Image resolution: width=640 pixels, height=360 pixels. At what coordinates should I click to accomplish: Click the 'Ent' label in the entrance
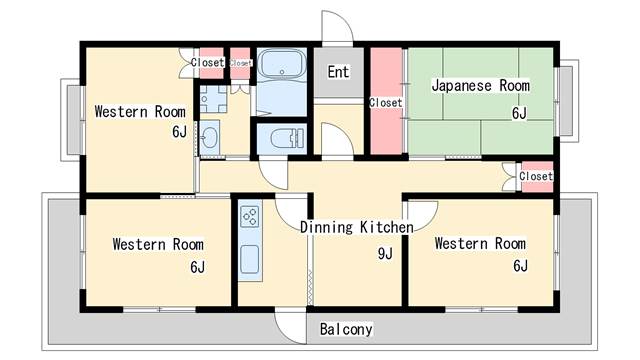point(338,72)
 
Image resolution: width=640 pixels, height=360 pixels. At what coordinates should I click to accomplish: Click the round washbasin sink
point(210,138)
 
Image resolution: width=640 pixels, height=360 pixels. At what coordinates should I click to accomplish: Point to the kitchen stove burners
point(250,214)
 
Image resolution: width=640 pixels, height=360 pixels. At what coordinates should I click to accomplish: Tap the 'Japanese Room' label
point(480,86)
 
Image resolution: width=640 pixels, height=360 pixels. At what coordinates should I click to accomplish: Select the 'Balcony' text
point(346,329)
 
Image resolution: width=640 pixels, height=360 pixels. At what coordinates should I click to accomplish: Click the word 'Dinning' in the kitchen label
point(328,228)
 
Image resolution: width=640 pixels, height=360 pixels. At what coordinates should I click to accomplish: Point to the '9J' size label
point(384,254)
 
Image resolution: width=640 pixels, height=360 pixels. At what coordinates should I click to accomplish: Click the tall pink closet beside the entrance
point(385,100)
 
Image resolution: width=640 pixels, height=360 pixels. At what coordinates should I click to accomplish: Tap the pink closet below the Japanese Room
point(536,176)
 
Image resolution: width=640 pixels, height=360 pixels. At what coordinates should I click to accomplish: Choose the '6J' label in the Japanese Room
point(519,113)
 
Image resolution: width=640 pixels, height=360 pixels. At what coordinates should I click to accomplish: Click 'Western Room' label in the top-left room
point(140,111)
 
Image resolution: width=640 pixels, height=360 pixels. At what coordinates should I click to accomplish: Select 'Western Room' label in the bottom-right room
point(480,243)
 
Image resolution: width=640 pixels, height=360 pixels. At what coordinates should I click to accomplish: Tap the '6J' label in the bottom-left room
point(197,267)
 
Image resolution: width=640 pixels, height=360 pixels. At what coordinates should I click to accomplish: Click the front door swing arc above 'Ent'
point(336,28)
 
